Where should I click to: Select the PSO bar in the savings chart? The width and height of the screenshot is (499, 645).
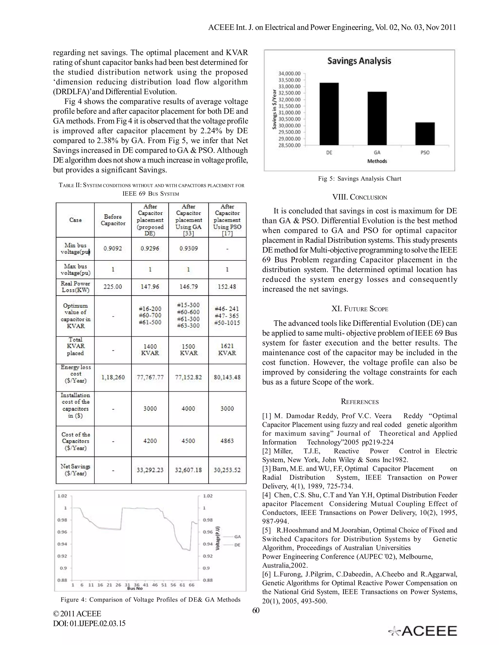425,134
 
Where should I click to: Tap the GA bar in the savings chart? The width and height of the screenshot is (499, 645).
377,119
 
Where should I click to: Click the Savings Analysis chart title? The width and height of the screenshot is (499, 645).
359,61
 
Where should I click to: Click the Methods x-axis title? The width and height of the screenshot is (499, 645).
377,161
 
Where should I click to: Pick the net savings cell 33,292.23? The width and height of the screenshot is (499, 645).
150,470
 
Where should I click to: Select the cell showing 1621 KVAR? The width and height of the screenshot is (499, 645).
227,350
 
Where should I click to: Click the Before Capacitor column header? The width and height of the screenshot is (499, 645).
113,220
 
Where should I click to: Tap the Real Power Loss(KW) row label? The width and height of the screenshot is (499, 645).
75,287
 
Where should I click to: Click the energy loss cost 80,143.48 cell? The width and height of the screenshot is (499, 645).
227,377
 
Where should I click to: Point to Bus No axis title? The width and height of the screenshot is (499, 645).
134,588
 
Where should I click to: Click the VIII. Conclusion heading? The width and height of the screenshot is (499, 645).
359,197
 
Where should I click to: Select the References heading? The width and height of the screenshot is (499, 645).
359,402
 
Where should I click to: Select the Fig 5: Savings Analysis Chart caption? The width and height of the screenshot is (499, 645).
359,178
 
